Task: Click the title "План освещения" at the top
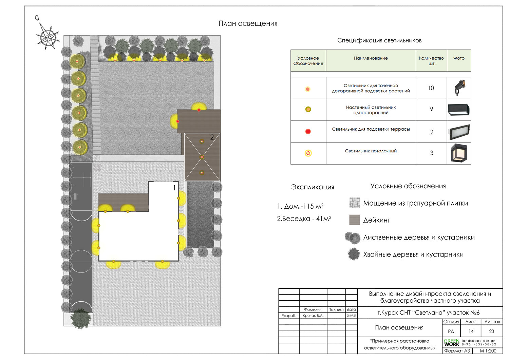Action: (x=248, y=23)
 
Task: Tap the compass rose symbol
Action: (x=48, y=36)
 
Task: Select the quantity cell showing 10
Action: (x=431, y=88)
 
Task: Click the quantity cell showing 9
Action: (x=431, y=109)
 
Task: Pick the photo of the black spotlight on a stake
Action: (x=459, y=88)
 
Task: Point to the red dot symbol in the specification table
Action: (x=308, y=131)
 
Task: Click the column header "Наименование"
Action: (x=371, y=58)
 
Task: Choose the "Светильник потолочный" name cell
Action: (x=371, y=151)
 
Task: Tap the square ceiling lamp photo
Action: (x=459, y=153)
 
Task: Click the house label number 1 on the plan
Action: (x=174, y=188)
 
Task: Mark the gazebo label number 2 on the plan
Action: (x=212, y=137)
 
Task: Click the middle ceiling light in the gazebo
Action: (x=202, y=157)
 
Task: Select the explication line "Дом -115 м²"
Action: (x=300, y=206)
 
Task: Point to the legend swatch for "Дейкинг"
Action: (x=355, y=220)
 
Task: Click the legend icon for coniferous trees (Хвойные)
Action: (x=354, y=254)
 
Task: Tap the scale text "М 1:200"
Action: (x=488, y=351)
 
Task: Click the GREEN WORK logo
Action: (x=452, y=342)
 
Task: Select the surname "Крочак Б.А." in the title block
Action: (x=313, y=316)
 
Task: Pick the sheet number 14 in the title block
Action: (x=471, y=331)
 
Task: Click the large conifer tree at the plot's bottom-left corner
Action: (x=80, y=318)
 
